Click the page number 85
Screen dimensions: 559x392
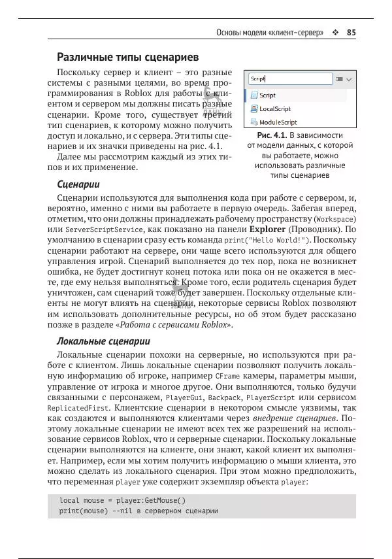[x=351, y=32]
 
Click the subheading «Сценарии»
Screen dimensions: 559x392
[x=78, y=184]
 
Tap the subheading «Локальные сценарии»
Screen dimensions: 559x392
[x=104, y=341]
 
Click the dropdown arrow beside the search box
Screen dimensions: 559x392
[x=349, y=79]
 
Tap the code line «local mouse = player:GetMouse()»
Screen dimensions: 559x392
[x=123, y=500]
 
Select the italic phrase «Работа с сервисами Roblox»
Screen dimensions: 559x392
[x=173, y=324]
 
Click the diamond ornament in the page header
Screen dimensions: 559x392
[x=335, y=32]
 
